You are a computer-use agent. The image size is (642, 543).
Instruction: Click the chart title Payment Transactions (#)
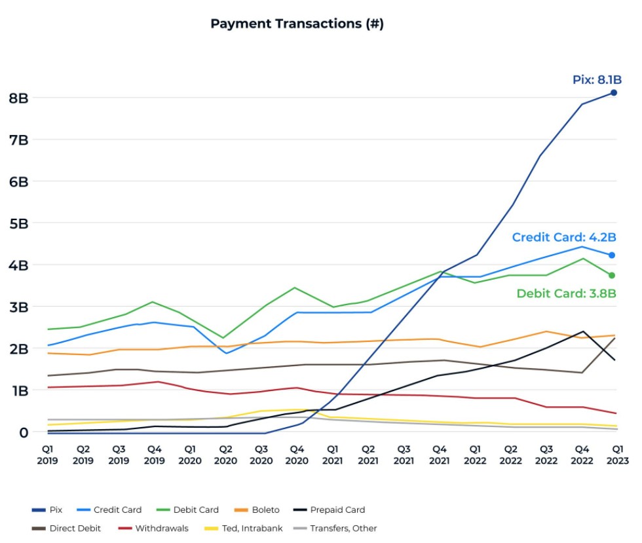coord(297,24)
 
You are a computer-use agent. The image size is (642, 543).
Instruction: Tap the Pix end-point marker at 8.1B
coord(614,93)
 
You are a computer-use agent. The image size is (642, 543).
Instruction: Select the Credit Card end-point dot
coord(612,255)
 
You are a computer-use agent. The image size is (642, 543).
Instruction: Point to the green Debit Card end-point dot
coord(612,276)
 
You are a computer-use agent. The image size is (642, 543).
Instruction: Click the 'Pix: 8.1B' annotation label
coord(597,80)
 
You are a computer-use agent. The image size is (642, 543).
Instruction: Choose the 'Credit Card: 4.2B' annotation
coord(564,238)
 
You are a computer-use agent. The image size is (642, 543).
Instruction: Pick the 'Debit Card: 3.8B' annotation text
coord(566,293)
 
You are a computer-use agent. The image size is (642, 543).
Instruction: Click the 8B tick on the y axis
coord(19,98)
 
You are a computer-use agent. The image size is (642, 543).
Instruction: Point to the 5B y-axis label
coord(19,224)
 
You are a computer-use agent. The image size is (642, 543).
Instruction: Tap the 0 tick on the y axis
coord(24,432)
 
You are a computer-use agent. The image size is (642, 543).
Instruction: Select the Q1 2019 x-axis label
coord(47,455)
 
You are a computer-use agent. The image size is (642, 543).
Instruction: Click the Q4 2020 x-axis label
coord(297,455)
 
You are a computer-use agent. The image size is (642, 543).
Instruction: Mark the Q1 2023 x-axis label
coord(617,455)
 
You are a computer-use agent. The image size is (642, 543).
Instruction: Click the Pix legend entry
coord(47,510)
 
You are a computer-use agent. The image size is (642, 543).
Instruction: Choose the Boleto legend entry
coord(257,510)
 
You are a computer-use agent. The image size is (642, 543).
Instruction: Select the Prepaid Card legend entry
coord(329,510)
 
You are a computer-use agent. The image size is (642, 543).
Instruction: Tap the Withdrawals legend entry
coord(153,528)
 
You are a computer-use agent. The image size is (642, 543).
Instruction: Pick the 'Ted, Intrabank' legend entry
coord(244,528)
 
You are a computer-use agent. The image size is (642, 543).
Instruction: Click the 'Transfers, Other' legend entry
coord(335,528)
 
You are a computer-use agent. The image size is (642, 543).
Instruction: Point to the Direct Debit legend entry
coord(66,528)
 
